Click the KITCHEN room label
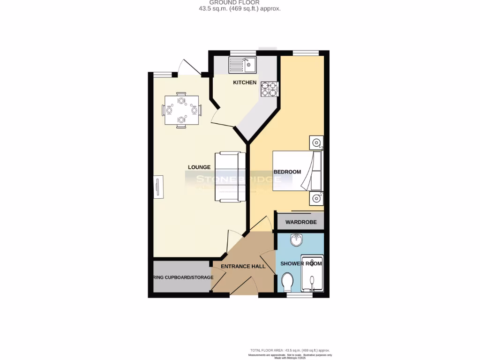pyautogui.click(x=245, y=82)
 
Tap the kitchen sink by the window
pyautogui.click(x=242, y=65)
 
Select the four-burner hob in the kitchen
pyautogui.click(x=269, y=89)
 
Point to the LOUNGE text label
pyautogui.click(x=199, y=167)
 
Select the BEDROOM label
pyautogui.click(x=287, y=172)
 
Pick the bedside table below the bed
pyautogui.click(x=316, y=199)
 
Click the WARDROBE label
pyautogui.click(x=301, y=222)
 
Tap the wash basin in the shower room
pyautogui.click(x=296, y=241)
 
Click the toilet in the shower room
pyautogui.click(x=288, y=282)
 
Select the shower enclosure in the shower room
pyautogui.click(x=312, y=274)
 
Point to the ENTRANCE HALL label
pyautogui.click(x=243, y=266)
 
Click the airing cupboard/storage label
pyautogui.click(x=183, y=277)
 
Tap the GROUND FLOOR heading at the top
pyautogui.click(x=240, y=3)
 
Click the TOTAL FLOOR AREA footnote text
pyautogui.click(x=290, y=351)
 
